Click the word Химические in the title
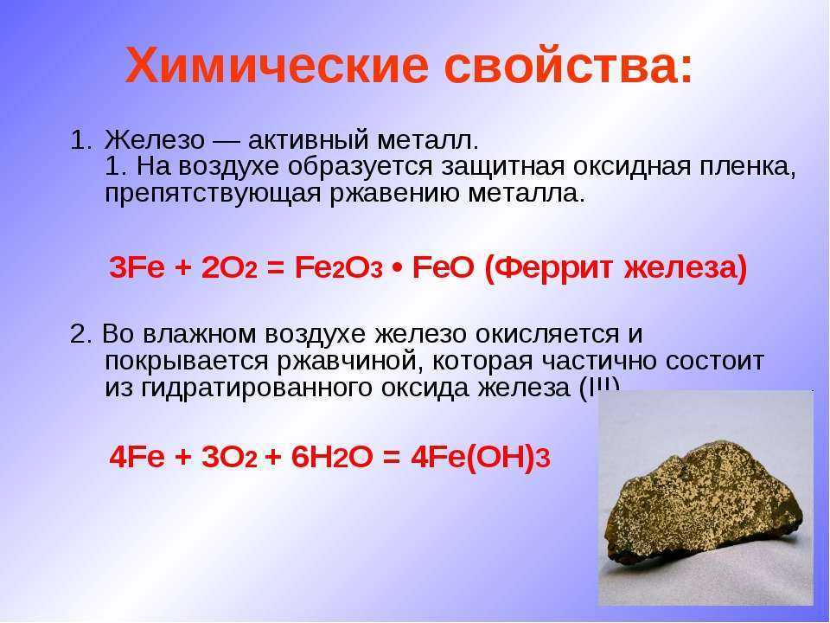[x=277, y=65]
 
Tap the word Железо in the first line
[x=155, y=140]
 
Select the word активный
[x=307, y=140]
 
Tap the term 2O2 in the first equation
[x=229, y=268]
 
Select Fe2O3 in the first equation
[x=338, y=268]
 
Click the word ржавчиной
[x=348, y=362]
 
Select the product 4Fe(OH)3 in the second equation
[x=481, y=457]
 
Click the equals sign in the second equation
[x=391, y=457]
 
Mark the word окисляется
[x=547, y=334]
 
